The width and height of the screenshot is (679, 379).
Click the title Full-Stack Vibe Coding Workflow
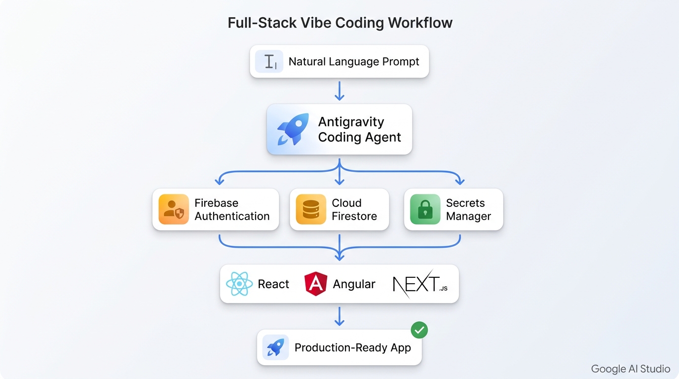[339, 23]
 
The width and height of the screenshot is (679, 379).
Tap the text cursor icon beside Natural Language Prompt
[269, 62]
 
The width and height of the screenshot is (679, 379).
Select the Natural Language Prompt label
[354, 62]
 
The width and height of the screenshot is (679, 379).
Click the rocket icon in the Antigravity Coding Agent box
[293, 129]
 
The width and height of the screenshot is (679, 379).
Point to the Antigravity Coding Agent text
[359, 129]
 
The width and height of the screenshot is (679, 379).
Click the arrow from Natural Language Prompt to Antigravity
[339, 90]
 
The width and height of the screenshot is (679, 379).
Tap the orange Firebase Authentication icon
[174, 209]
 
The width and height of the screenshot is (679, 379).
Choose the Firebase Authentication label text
[232, 210]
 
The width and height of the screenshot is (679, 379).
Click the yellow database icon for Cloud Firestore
[311, 209]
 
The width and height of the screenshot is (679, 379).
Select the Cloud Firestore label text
[354, 210]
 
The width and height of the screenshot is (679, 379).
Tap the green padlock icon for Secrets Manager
[425, 209]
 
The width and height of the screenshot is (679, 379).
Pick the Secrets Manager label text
[468, 210]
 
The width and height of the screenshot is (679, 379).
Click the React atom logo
[239, 284]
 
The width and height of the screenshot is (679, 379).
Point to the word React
[273, 284]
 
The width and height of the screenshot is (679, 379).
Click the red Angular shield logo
[316, 284]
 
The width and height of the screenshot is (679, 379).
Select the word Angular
[354, 284]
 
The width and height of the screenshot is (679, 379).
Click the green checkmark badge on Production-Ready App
[419, 330]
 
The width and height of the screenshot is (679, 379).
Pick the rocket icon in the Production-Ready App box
[275, 347]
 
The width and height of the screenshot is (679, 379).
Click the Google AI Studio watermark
[630, 369]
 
